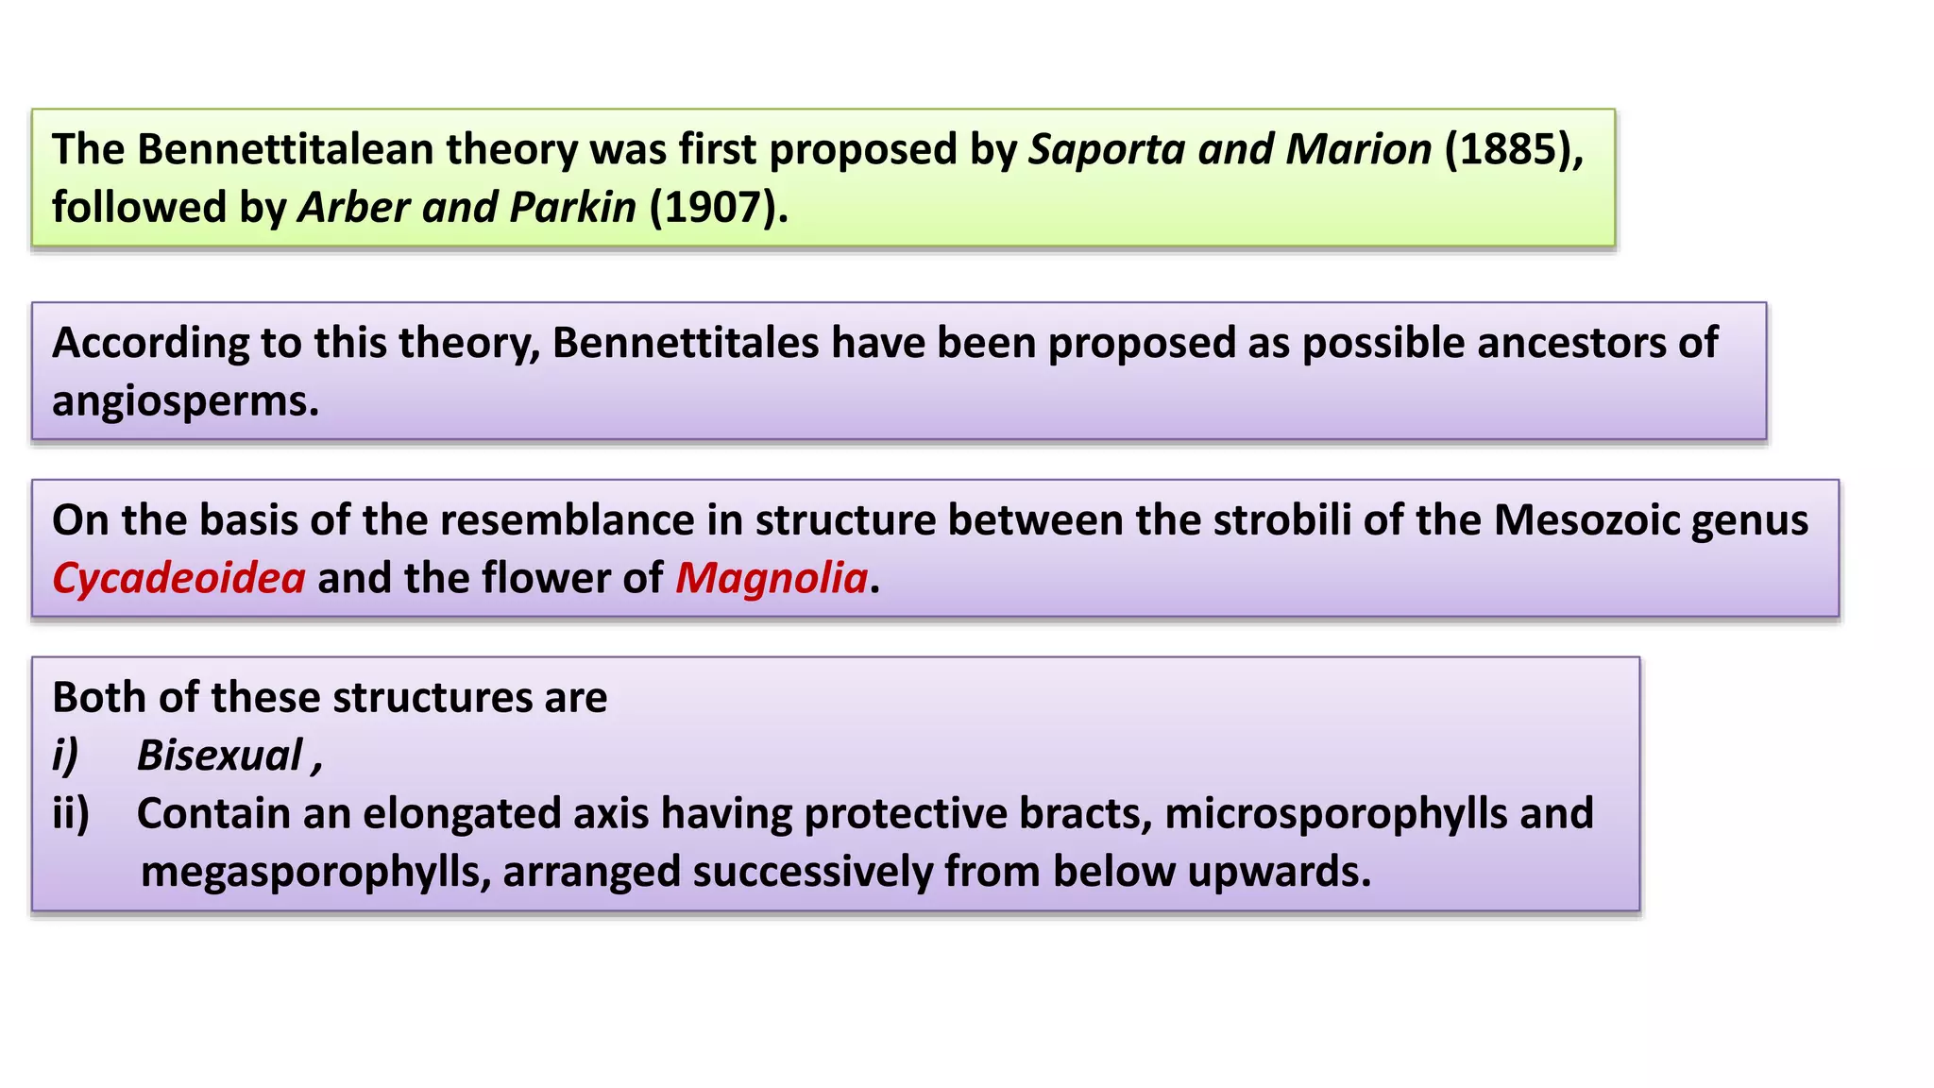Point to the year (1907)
718,208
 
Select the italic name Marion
1359,150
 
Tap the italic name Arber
353,208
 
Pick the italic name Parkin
573,208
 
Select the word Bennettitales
685,343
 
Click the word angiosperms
185,402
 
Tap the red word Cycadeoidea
178,578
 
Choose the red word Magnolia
772,578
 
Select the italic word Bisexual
220,756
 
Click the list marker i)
65,756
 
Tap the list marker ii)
71,813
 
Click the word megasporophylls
315,872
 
